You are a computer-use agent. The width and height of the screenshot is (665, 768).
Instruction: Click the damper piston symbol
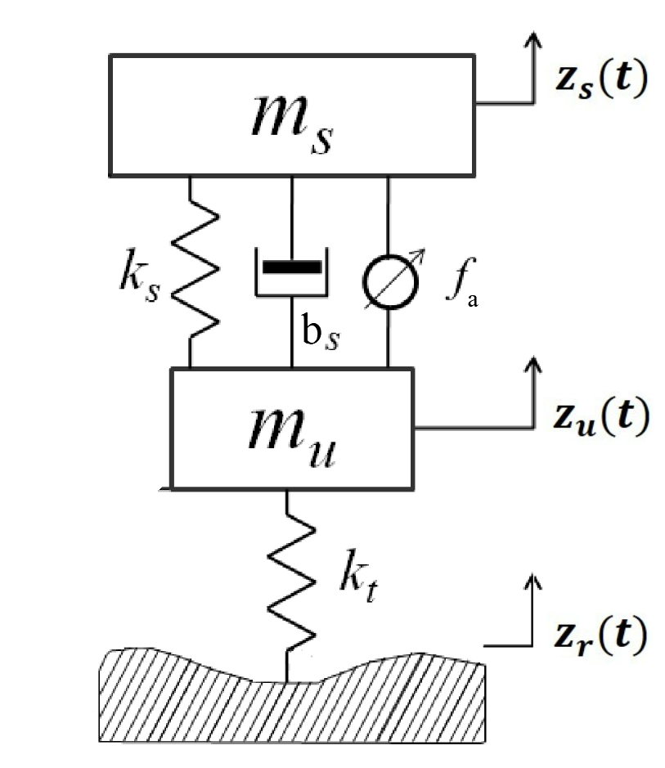click(x=292, y=267)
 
